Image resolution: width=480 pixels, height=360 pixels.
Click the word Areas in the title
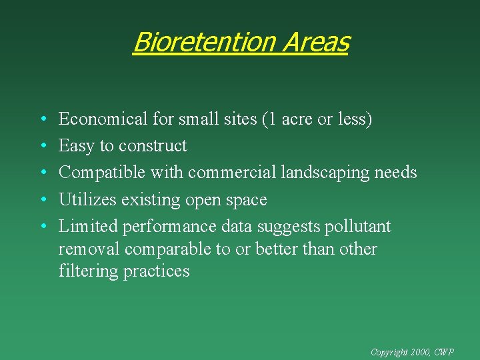(315, 42)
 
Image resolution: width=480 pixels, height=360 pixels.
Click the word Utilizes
(87, 199)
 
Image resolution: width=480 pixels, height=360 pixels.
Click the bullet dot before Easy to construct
(42, 146)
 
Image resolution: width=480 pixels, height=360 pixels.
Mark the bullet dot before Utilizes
(42, 199)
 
